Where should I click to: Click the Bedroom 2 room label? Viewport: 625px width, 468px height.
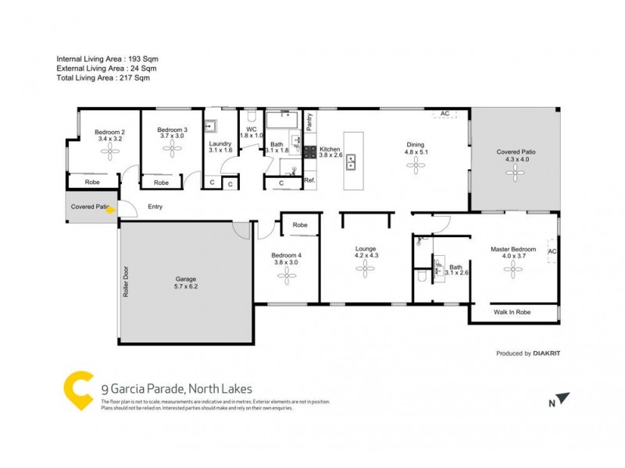pos(110,131)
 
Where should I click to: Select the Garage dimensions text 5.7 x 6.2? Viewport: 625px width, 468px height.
pos(186,287)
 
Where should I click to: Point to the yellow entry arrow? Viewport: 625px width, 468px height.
pos(111,209)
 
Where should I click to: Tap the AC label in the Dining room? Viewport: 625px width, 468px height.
pos(445,114)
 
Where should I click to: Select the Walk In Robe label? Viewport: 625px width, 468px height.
pos(512,312)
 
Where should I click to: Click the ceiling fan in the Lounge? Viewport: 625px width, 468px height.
pos(366,269)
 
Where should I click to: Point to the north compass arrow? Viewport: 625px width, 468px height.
pos(562,399)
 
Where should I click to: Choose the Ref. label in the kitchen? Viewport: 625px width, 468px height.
pos(309,181)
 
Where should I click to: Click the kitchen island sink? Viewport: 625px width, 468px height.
pos(351,162)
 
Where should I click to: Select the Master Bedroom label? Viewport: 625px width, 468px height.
pos(513,250)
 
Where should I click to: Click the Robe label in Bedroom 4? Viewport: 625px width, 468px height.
pos(299,225)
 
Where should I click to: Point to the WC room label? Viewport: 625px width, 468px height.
pos(252,129)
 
